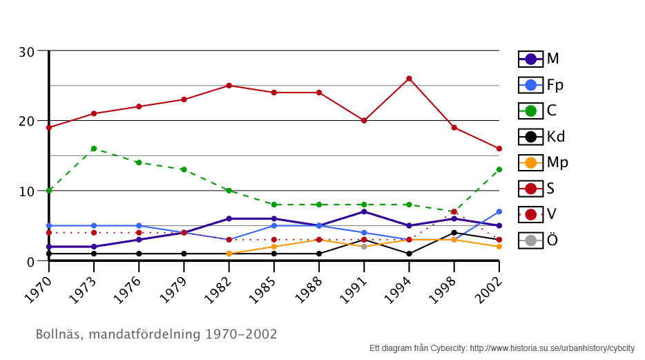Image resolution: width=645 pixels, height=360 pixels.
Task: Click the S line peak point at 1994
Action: tap(409, 79)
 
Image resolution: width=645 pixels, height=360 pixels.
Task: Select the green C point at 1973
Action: tap(94, 149)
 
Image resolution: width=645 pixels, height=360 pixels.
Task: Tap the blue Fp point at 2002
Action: tap(499, 211)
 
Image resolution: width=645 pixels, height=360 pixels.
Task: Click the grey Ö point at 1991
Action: tap(364, 247)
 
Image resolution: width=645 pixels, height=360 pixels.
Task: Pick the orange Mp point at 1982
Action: tap(229, 254)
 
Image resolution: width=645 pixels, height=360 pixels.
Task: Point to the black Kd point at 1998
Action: tap(454, 233)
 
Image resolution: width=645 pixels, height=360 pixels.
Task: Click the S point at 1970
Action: tap(49, 127)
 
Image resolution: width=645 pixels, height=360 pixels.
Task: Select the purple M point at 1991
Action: tap(364, 211)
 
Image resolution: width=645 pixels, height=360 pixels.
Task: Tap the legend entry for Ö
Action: tap(539, 240)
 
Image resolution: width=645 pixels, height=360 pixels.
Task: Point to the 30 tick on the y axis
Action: tap(27, 52)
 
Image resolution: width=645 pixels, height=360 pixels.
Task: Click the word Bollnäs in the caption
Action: tap(57, 334)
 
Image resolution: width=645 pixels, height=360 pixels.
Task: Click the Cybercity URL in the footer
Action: tap(552, 348)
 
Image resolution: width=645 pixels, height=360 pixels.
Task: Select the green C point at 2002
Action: tap(499, 169)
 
